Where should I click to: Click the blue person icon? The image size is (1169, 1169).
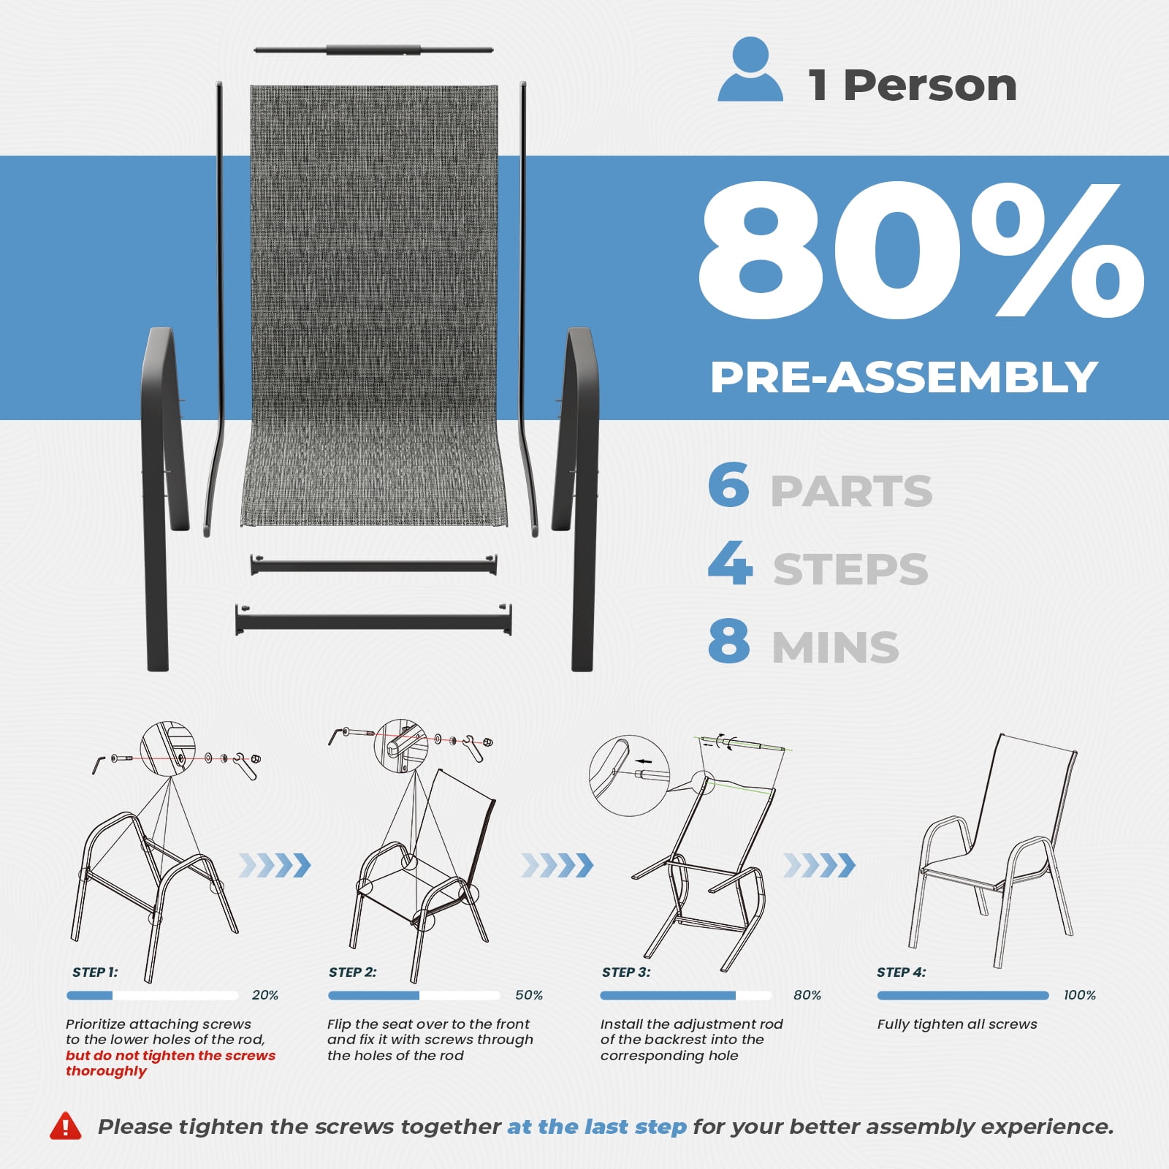750,69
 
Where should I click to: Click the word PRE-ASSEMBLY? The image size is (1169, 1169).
904,377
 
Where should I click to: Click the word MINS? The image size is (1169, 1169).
835,647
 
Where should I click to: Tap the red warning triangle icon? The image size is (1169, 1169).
66,1126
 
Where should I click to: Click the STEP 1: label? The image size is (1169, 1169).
95,972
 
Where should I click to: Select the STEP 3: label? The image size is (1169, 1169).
626,972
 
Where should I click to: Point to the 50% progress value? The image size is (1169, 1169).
529,995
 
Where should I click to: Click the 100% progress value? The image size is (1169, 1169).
1080,995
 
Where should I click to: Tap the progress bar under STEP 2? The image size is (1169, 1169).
414,995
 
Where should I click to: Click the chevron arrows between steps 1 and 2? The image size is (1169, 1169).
275,865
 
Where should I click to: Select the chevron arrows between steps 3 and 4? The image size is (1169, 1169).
819,865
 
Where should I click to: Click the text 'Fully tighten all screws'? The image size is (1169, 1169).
957,1024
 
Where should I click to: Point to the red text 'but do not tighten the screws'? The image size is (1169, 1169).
171,1055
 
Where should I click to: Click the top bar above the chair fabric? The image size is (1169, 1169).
373,50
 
